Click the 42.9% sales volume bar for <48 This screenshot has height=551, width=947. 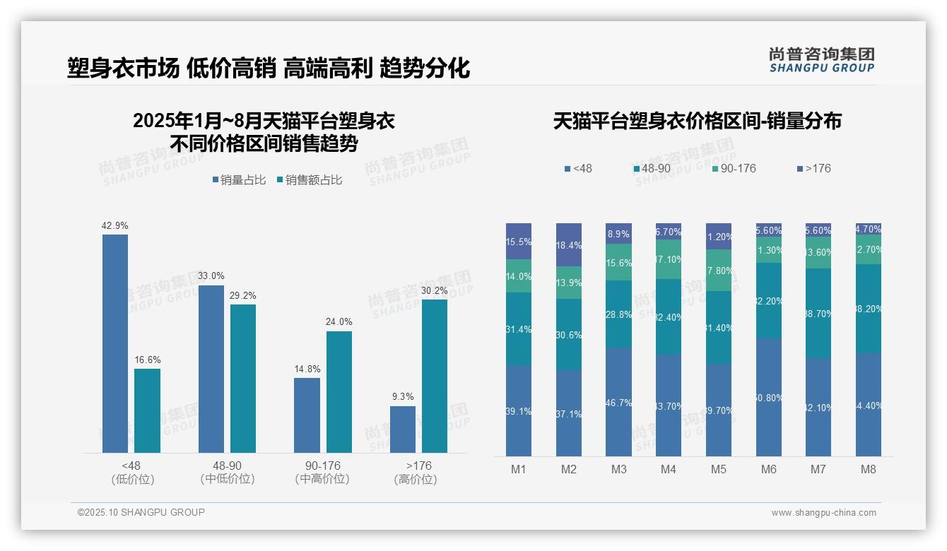[x=115, y=343]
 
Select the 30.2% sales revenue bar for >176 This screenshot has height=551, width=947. [x=435, y=376]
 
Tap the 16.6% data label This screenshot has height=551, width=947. [x=148, y=360]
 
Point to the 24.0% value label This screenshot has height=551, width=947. [x=339, y=322]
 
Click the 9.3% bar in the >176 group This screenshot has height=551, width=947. [x=403, y=429]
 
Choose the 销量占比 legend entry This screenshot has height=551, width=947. [x=239, y=180]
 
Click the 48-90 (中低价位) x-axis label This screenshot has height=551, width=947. [x=228, y=473]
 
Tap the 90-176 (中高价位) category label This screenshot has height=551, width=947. [x=322, y=473]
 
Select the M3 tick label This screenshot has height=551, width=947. [x=618, y=469]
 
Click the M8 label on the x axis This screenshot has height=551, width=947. [x=869, y=469]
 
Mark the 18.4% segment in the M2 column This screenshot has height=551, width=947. [x=569, y=245]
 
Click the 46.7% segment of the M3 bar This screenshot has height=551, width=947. [x=618, y=402]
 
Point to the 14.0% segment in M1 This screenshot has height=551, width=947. [x=519, y=276]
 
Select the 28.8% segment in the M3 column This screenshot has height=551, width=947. [x=618, y=314]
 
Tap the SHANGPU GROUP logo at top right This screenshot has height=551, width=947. [x=821, y=60]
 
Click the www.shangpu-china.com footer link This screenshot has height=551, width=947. [x=823, y=513]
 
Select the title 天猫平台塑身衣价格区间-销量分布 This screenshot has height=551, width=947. [x=697, y=122]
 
